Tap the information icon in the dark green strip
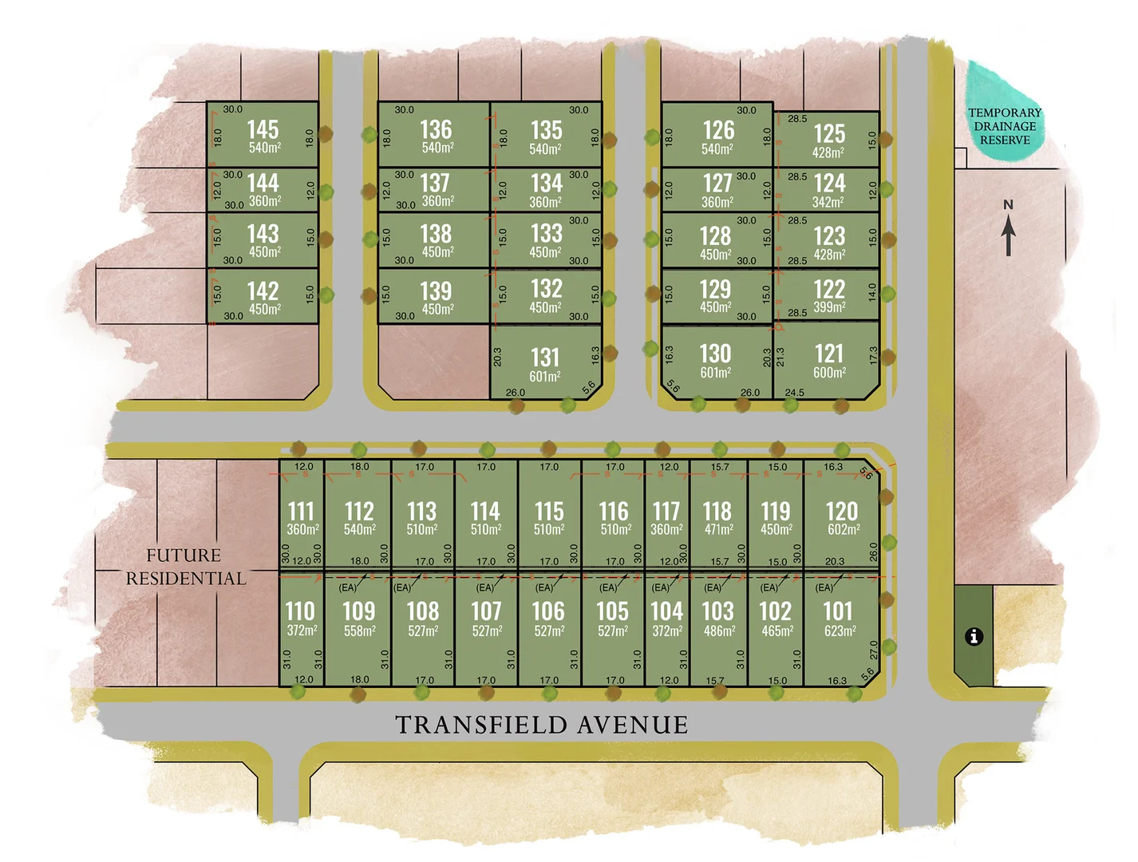click(974, 636)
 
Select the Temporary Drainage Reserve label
click(1005, 126)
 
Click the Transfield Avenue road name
click(542, 725)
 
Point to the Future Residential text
click(186, 567)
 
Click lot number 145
click(263, 129)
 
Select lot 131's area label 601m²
click(545, 377)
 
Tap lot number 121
click(829, 354)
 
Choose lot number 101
click(839, 611)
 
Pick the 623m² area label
click(840, 631)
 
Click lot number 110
click(300, 611)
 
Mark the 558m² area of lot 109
click(360, 631)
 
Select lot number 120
click(842, 511)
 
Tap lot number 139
click(436, 291)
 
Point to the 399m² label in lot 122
click(829, 307)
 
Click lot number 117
click(666, 511)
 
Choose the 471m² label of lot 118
click(718, 529)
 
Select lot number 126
click(718, 130)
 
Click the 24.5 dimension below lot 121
click(794, 393)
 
